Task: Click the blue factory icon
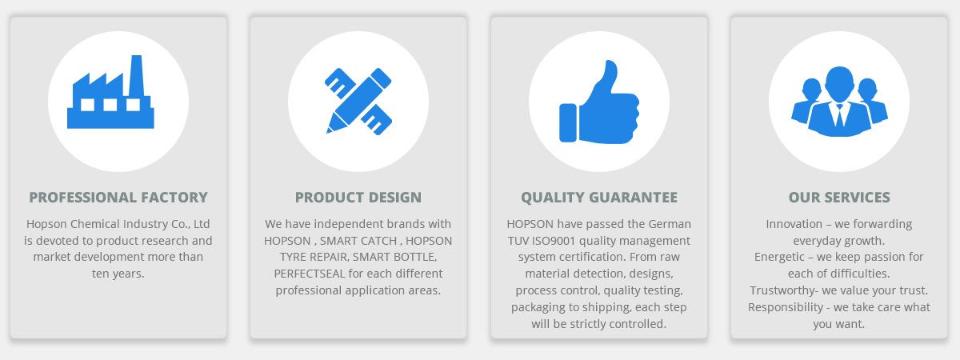pyautogui.click(x=110, y=98)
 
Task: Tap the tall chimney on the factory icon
pyautogui.click(x=137, y=75)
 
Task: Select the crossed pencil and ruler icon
pyautogui.click(x=358, y=101)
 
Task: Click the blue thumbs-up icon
pyautogui.click(x=599, y=102)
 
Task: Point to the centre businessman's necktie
pyautogui.click(x=839, y=115)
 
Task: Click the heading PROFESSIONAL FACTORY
pyautogui.click(x=118, y=197)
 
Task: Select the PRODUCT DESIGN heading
pyautogui.click(x=358, y=197)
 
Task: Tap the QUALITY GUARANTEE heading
pyautogui.click(x=599, y=197)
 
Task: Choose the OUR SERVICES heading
pyautogui.click(x=839, y=197)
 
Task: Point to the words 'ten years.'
pyautogui.click(x=118, y=274)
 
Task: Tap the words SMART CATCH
pyautogui.click(x=358, y=241)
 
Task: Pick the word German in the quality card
pyautogui.click(x=670, y=224)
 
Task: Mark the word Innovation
pyautogui.click(x=794, y=224)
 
